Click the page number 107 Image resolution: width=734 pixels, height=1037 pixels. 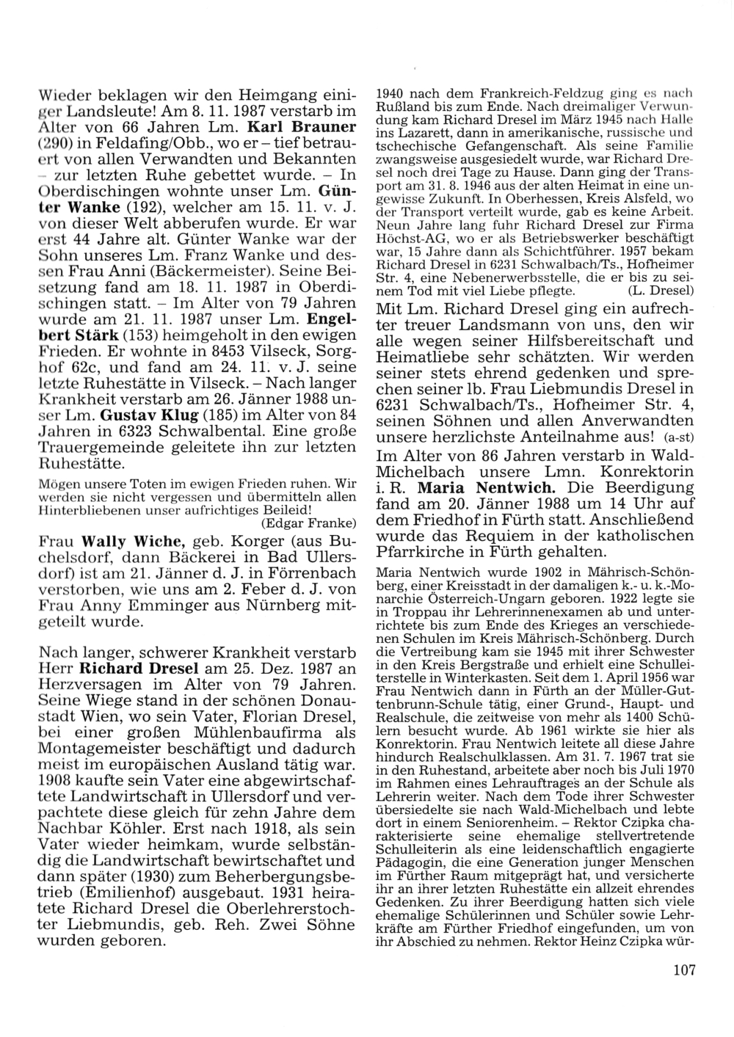tap(683, 970)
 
